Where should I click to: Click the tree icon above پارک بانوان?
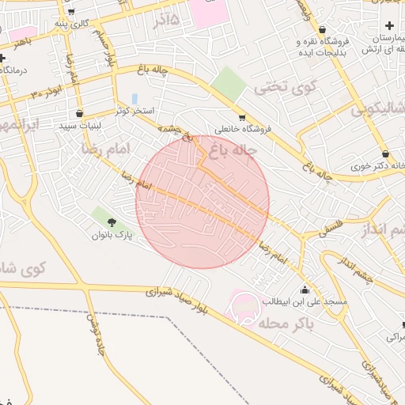110,222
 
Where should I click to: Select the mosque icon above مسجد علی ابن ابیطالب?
305,290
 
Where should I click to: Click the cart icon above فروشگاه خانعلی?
242,117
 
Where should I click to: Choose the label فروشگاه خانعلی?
243,129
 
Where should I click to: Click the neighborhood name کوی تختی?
278,85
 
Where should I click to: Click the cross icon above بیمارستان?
388,27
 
